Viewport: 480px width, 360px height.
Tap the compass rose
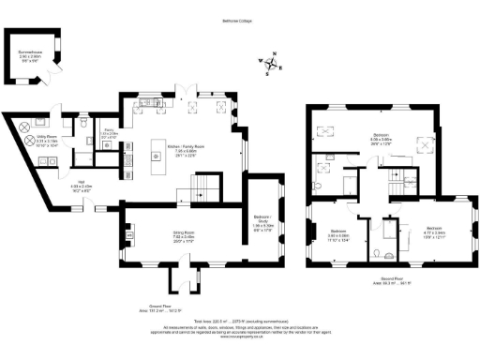pyautogui.click(x=273, y=66)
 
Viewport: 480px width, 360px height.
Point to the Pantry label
pyautogui.click(x=110, y=133)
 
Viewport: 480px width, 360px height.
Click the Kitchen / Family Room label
pyautogui.click(x=185, y=149)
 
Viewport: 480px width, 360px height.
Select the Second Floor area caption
pyautogui.click(x=380, y=279)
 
